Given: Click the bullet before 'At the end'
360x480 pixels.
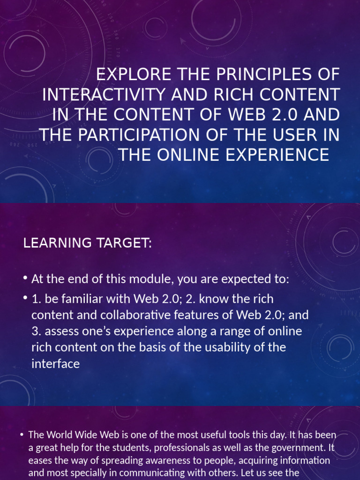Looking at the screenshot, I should (25, 279).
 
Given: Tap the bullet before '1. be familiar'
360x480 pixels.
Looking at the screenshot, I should (25, 299).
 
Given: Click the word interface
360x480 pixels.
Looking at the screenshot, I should (55, 364).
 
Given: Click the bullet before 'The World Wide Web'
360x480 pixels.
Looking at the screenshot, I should (22, 435).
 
